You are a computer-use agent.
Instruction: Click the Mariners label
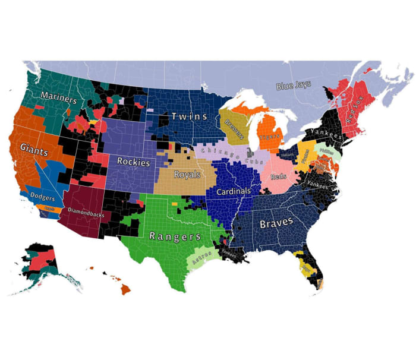coord(58,98)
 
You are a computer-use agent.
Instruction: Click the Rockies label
coord(133,161)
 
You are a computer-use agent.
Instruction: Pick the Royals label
coord(187,175)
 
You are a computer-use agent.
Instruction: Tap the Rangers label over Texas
coord(175,236)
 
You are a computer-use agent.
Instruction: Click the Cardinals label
coord(234,192)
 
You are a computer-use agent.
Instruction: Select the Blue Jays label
coord(294,86)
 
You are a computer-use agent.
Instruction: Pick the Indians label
coord(288,155)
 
